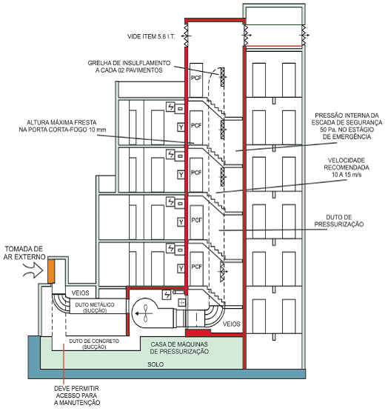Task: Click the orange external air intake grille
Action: pyautogui.click(x=51, y=271)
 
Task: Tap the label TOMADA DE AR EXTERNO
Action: pyautogui.click(x=24, y=253)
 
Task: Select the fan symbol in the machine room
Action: pyautogui.click(x=144, y=313)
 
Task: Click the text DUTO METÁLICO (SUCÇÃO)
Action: pyautogui.click(x=95, y=307)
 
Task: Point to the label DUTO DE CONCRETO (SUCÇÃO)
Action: pyautogui.click(x=94, y=344)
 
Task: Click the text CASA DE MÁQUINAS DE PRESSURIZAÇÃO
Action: pyautogui.click(x=179, y=348)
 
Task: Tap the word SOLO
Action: pyautogui.click(x=155, y=364)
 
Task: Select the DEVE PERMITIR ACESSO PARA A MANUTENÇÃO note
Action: pyautogui.click(x=77, y=395)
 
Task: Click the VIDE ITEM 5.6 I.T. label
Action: pyautogui.click(x=151, y=36)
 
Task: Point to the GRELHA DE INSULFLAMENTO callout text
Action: pyautogui.click(x=129, y=67)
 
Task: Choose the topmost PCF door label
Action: pyautogui.click(x=196, y=78)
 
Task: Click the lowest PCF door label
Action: pyautogui.click(x=196, y=267)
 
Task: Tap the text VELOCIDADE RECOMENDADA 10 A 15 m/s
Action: pyautogui.click(x=347, y=167)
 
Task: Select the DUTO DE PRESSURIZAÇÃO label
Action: pyautogui.click(x=339, y=221)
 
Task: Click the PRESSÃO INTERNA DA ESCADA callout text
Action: pyautogui.click(x=347, y=126)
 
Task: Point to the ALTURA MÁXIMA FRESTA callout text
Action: pyautogui.click(x=62, y=126)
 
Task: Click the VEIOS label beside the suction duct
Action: pyautogui.click(x=80, y=293)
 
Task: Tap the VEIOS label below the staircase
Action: pyautogui.click(x=232, y=324)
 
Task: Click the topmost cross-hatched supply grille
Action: pyautogui.click(x=222, y=77)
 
